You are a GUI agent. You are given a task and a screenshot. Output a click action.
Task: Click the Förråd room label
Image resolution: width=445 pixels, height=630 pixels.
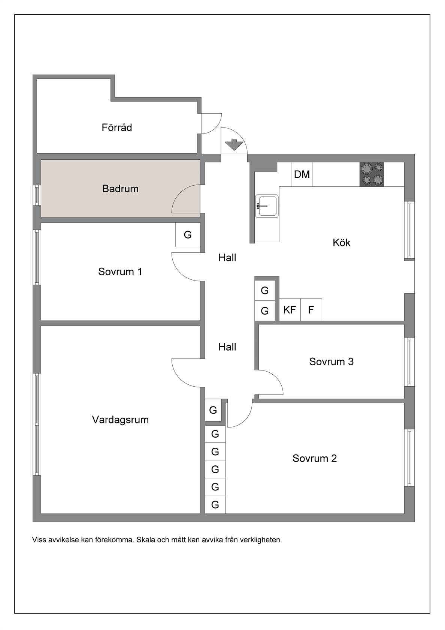(116, 127)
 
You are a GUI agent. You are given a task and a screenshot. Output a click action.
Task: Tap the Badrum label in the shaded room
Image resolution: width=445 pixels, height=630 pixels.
(120, 188)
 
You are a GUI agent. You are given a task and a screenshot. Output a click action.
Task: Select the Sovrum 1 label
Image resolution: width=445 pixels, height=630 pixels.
(120, 271)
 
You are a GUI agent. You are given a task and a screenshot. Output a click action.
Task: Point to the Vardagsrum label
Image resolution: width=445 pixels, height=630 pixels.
(120, 420)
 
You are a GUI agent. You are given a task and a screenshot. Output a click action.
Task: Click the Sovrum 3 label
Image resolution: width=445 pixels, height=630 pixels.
(331, 361)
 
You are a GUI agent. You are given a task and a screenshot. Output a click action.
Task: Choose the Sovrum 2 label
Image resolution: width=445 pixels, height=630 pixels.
(314, 458)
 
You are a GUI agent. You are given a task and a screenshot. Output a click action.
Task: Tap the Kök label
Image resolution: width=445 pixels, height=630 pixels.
(341, 242)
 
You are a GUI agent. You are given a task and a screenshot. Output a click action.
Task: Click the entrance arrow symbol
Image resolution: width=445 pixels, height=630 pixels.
(234, 145)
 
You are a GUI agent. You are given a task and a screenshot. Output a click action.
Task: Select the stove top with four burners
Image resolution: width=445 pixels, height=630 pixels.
(372, 174)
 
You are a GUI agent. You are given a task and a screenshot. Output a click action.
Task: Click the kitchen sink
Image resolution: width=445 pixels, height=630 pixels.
(267, 206)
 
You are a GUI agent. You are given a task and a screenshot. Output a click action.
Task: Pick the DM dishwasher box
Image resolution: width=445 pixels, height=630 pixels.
(302, 174)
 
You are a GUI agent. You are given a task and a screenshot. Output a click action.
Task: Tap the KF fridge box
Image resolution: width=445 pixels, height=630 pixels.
(290, 310)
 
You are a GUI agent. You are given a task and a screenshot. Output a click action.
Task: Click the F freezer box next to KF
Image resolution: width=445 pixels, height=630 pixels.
(311, 310)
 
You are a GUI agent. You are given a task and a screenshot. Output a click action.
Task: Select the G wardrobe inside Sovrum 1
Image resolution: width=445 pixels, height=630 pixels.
(188, 235)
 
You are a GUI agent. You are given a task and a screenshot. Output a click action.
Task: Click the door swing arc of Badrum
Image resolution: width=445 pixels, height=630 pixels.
(180, 193)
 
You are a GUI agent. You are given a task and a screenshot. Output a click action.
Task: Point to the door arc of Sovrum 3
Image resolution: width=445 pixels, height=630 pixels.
(276, 377)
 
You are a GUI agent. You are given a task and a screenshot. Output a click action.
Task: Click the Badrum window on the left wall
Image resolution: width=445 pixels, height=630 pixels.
(37, 195)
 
